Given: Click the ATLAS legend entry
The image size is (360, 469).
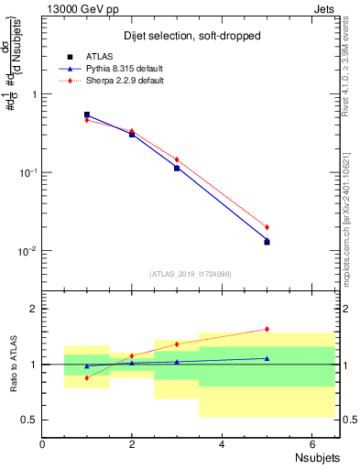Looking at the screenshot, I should [x=98, y=56].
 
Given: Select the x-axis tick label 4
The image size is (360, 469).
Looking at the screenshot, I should [x=222, y=443].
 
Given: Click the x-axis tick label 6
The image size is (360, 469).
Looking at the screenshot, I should [x=311, y=443].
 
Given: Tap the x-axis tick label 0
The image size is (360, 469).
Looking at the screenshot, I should [x=42, y=443].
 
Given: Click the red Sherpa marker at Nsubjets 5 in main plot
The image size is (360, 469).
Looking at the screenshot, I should [x=267, y=226].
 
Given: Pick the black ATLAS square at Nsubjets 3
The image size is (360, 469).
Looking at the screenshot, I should [x=177, y=168].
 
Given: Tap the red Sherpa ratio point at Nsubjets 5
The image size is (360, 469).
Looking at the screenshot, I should [x=267, y=329].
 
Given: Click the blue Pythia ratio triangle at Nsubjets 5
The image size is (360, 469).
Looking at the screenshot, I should [x=267, y=358].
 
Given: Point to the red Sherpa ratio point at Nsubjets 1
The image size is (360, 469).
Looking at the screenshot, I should [x=87, y=377].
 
